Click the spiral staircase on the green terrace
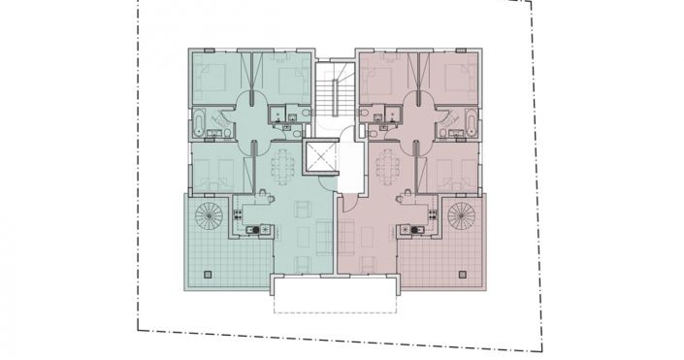pyautogui.click(x=209, y=214)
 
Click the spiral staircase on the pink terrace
pyautogui.click(x=462, y=214)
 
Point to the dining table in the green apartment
pyautogui.click(x=283, y=167)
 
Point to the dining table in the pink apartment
pyautogui.click(x=387, y=167)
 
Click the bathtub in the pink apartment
pyautogui.click(x=472, y=124)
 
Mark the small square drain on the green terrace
pyautogui.click(x=206, y=275)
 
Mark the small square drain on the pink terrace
pyautogui.click(x=466, y=275)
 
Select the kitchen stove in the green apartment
pyautogui.click(x=250, y=230)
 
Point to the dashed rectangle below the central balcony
pyautogui.click(x=335, y=304)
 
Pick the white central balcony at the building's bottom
pyautogui.click(x=335, y=285)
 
